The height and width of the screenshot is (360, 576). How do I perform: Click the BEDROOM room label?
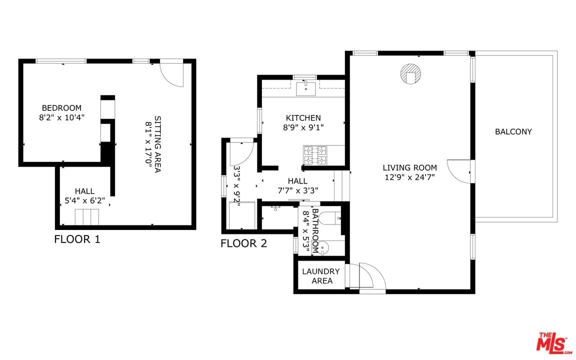point(61,108)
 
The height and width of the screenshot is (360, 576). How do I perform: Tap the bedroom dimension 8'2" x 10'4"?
point(61,118)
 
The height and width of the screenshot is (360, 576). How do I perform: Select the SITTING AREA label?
point(157,144)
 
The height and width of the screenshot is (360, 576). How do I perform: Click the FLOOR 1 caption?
point(77,239)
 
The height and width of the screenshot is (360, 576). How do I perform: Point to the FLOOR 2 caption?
point(243,243)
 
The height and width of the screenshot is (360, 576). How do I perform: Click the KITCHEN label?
point(303,118)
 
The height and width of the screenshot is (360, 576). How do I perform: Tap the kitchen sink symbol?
point(305,88)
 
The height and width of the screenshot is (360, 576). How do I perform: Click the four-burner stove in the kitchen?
point(315,154)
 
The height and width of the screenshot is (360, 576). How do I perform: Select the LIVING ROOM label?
point(409,168)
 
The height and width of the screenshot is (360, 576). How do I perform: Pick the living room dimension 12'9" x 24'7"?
point(409,177)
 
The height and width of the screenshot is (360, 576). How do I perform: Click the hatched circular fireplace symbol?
point(410,74)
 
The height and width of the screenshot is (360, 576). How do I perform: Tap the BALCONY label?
point(513,131)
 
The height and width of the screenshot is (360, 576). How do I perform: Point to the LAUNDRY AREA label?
point(321,276)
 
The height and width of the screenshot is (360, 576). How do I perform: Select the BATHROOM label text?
point(314,230)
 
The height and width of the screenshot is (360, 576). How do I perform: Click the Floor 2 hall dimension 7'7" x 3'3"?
point(297,190)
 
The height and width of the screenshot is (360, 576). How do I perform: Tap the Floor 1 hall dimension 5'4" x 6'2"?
point(85,200)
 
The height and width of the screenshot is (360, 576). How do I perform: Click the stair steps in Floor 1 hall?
point(87,217)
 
